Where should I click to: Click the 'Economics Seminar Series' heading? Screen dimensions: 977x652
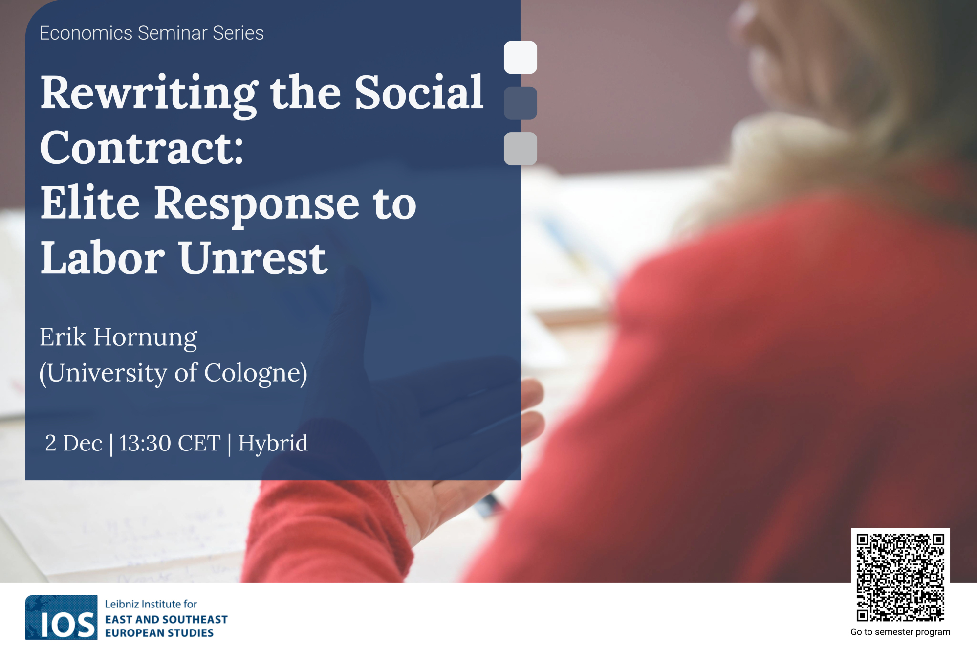[x=152, y=33]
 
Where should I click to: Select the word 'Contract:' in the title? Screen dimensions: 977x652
[x=142, y=148]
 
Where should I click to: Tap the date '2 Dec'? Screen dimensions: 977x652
[x=74, y=443]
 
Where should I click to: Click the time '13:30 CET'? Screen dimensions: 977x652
[x=170, y=443]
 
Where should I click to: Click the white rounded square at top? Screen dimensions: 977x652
[x=521, y=58]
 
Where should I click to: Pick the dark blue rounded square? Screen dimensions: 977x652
[x=521, y=103]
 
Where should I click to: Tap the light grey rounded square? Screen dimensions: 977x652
[x=521, y=149]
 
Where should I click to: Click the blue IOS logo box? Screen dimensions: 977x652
[x=61, y=617]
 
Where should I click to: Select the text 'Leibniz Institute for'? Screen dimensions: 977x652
[x=151, y=605]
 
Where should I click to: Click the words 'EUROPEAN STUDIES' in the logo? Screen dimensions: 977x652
[x=159, y=633]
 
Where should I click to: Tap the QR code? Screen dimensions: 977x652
[x=900, y=578]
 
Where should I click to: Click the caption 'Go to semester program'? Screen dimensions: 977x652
[x=900, y=632]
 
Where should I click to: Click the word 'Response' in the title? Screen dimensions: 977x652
[x=257, y=204]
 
